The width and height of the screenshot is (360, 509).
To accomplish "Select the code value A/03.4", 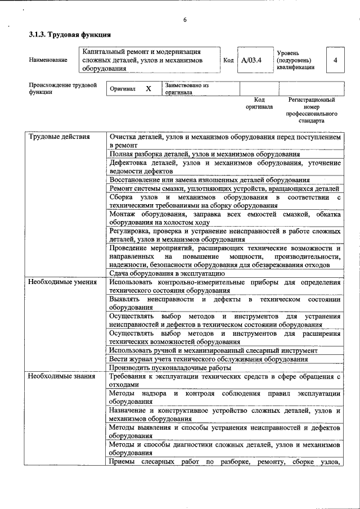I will (x=251, y=60).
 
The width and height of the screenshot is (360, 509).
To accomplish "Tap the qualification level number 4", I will (x=335, y=60).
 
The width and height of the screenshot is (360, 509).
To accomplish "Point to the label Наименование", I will (x=48, y=60).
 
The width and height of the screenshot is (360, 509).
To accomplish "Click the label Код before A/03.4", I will (x=228, y=60).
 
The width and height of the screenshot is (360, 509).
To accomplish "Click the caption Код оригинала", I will (x=259, y=103).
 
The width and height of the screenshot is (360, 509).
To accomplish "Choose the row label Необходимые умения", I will (x=62, y=282).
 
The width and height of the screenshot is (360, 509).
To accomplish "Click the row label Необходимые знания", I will (x=61, y=375).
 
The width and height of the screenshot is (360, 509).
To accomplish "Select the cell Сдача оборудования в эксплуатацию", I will (x=167, y=273).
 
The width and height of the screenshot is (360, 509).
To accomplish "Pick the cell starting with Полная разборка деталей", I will (x=205, y=154).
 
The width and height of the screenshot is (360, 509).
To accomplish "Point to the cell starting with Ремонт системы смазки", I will (x=224, y=188).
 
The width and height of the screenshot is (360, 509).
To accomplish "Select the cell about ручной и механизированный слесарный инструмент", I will (x=213, y=350).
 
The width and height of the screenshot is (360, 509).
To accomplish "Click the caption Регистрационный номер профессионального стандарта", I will (x=311, y=110).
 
